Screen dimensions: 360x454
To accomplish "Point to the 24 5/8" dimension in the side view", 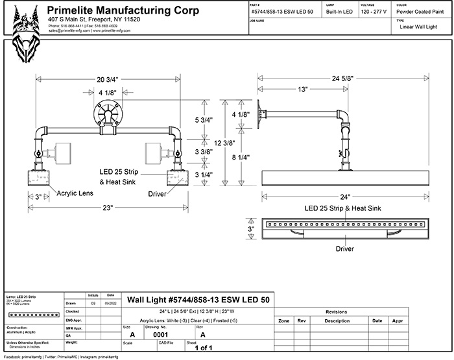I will [345, 78].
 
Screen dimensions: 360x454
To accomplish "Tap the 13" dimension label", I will [303, 90].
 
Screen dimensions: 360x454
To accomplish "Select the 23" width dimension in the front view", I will [107, 208].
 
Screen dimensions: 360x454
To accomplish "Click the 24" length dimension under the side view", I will [345, 197].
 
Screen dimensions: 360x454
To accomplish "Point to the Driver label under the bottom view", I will [344, 248].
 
